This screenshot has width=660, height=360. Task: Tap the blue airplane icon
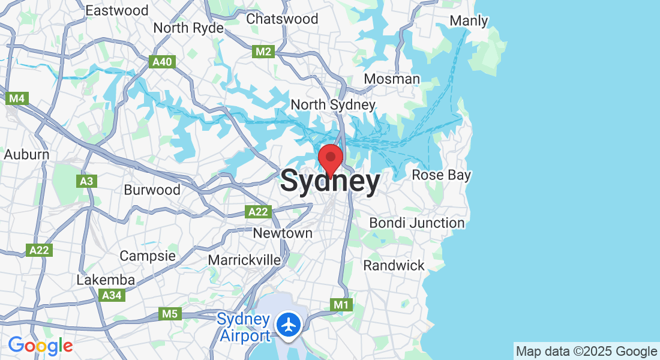(289, 325)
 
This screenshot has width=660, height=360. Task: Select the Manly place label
(469, 20)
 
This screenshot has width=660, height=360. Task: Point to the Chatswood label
(282, 19)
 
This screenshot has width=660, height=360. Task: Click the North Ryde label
(188, 28)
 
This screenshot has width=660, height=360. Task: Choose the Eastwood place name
(117, 10)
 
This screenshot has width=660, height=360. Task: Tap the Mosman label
(392, 79)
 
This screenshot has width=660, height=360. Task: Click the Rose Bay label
(441, 175)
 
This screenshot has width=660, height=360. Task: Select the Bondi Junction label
(416, 223)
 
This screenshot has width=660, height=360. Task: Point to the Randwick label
(394, 265)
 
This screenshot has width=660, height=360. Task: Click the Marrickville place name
(244, 260)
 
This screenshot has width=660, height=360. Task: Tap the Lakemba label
(106, 280)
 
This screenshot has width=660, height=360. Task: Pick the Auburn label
(26, 154)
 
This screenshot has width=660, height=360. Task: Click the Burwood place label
(152, 190)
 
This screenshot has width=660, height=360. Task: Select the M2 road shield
(263, 52)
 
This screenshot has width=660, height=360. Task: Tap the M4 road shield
(18, 97)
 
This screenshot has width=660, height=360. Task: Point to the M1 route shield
(341, 305)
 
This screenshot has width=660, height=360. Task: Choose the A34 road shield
(112, 295)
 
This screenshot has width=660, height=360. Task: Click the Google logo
(40, 346)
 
